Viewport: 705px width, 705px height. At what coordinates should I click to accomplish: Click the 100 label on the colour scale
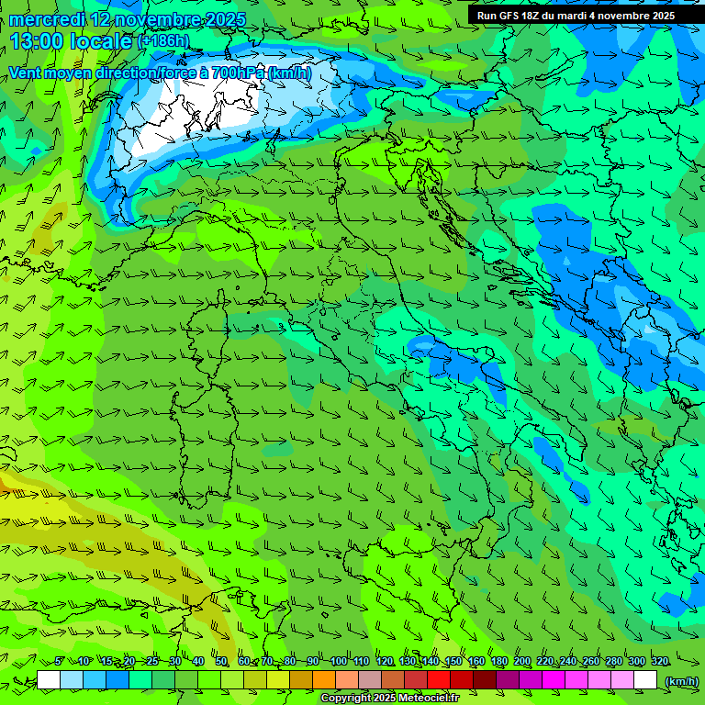point(339,661)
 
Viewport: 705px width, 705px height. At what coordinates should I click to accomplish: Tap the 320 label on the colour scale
point(659,661)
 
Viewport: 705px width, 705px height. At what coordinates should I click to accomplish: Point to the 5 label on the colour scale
point(59,661)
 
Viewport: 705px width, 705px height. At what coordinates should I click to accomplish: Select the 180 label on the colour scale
point(498,661)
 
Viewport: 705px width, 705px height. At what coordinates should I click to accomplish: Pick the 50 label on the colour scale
point(221,661)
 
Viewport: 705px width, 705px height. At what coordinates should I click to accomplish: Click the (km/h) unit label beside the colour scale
point(681,680)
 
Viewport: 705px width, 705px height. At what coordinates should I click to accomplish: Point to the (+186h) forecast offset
point(163,41)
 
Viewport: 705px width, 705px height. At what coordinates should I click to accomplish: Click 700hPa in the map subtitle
point(234,73)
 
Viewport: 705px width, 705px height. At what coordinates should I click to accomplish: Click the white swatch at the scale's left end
point(49,680)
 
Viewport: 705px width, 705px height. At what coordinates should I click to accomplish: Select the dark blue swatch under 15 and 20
point(117,680)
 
